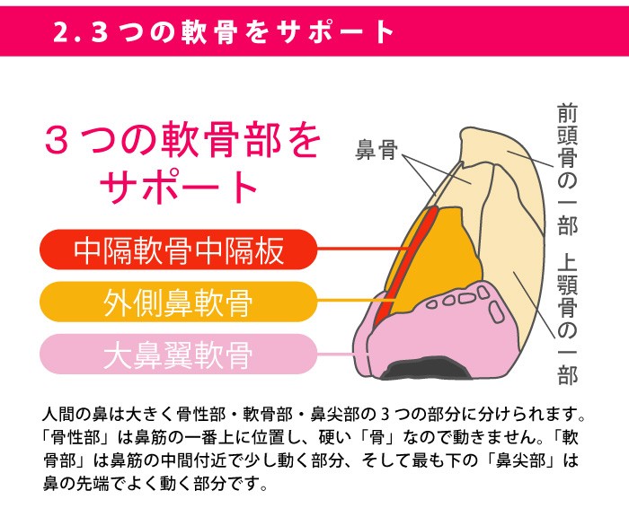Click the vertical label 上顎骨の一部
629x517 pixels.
pyautogui.click(x=567, y=320)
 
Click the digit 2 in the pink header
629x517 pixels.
pyautogui.click(x=60, y=31)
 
